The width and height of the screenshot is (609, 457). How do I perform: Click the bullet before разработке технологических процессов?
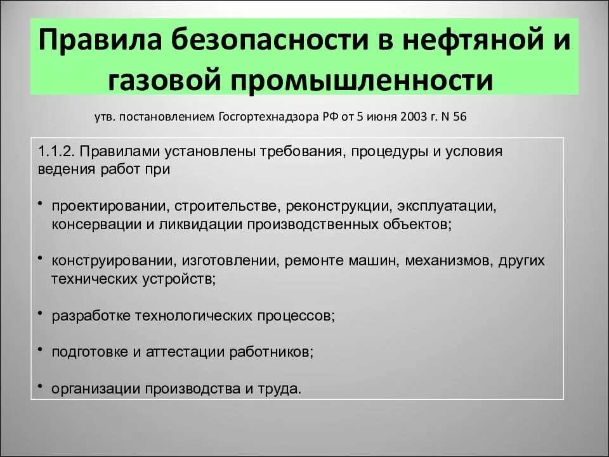40,313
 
